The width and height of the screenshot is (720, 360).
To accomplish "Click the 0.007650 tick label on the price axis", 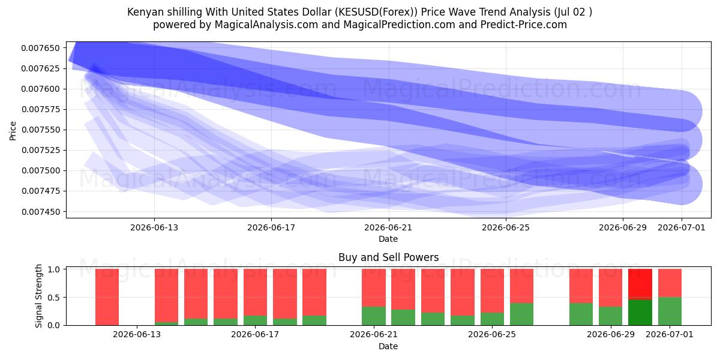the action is click(41, 48).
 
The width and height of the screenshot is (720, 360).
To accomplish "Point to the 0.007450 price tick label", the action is click(41, 212).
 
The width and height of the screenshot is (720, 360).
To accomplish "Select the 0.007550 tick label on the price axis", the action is click(41, 130).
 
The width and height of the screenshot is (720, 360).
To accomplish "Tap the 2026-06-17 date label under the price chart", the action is click(271, 227).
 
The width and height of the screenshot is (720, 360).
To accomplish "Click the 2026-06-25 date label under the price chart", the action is click(506, 227).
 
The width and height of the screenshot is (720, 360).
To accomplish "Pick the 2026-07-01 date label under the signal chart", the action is click(670, 334).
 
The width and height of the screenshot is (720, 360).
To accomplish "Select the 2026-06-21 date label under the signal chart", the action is click(373, 334).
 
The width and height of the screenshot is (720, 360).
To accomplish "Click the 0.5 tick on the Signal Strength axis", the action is click(54, 298).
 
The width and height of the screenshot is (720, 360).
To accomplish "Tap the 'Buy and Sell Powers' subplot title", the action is click(388, 257).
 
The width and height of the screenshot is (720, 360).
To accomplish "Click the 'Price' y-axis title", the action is click(13, 131).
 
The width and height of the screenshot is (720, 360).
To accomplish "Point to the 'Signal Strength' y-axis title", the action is click(38, 296).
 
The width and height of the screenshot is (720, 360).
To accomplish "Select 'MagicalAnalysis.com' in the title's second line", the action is click(266, 25).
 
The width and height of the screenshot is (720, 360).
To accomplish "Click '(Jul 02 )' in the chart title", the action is click(573, 12).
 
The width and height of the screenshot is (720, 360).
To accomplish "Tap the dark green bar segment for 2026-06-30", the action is click(640, 313).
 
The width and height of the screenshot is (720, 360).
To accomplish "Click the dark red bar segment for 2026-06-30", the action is click(640, 284).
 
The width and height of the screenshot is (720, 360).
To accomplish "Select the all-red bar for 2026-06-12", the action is click(107, 297).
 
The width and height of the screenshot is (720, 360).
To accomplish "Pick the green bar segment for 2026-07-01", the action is click(670, 311).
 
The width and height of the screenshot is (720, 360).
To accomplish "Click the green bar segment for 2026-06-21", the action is click(373, 316).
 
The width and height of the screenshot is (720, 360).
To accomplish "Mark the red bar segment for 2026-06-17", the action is click(255, 292).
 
